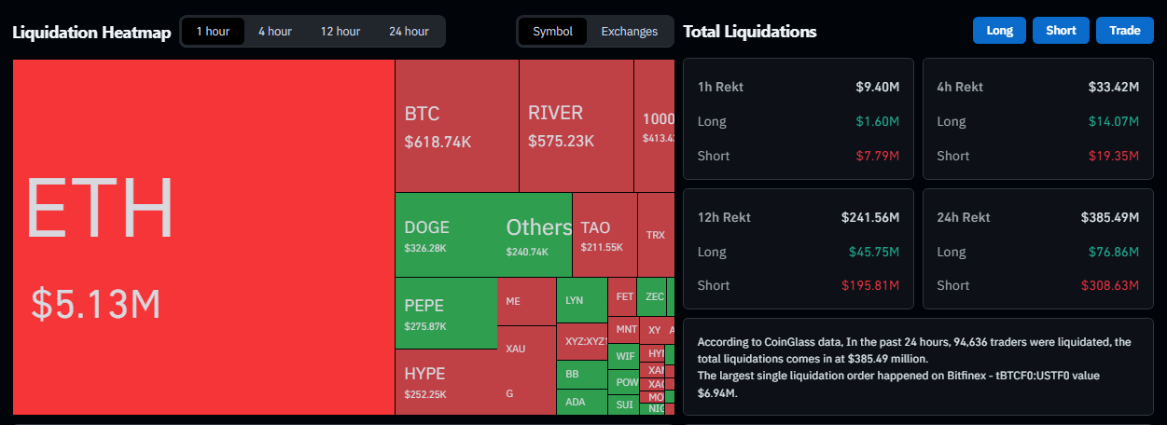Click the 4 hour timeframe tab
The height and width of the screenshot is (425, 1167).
[274, 31]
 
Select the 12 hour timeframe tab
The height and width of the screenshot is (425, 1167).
[340, 31]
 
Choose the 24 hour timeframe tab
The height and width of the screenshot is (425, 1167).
[409, 31]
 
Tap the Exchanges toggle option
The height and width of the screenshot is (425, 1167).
[629, 31]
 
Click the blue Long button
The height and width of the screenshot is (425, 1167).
[999, 30]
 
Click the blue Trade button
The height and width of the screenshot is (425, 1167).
[1124, 30]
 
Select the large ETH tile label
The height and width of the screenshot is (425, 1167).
[100, 208]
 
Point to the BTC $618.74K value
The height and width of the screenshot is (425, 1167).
[438, 144]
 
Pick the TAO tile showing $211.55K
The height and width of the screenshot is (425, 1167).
[603, 235]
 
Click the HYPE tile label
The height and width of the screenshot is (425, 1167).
[424, 374]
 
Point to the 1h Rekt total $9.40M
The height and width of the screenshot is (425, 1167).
[877, 87]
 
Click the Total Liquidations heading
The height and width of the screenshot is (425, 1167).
[749, 31]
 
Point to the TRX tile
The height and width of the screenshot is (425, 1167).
[655, 235]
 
